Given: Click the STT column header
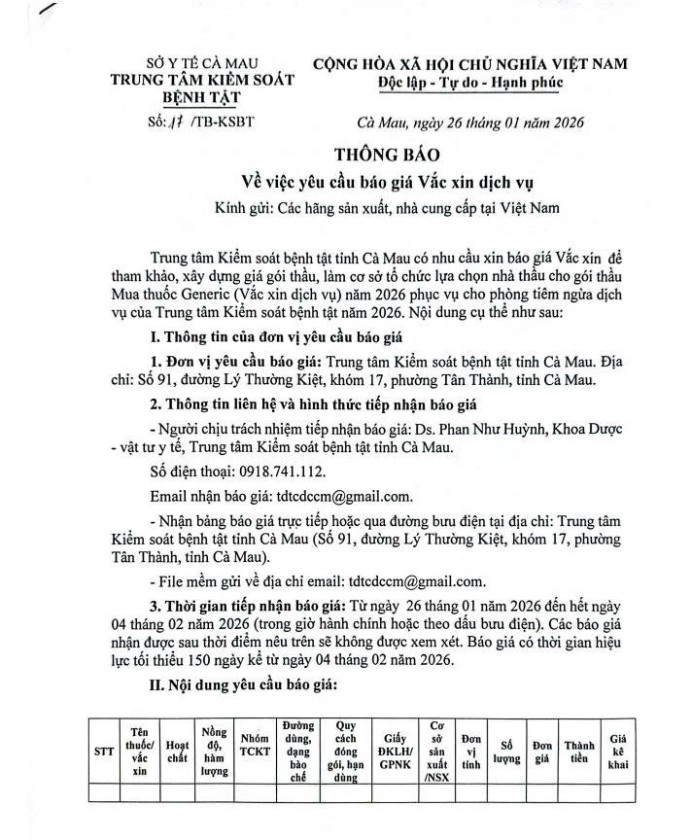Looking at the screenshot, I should click(102, 751).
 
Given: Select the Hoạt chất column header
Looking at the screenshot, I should click(177, 751).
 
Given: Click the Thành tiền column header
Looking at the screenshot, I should click(579, 751).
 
